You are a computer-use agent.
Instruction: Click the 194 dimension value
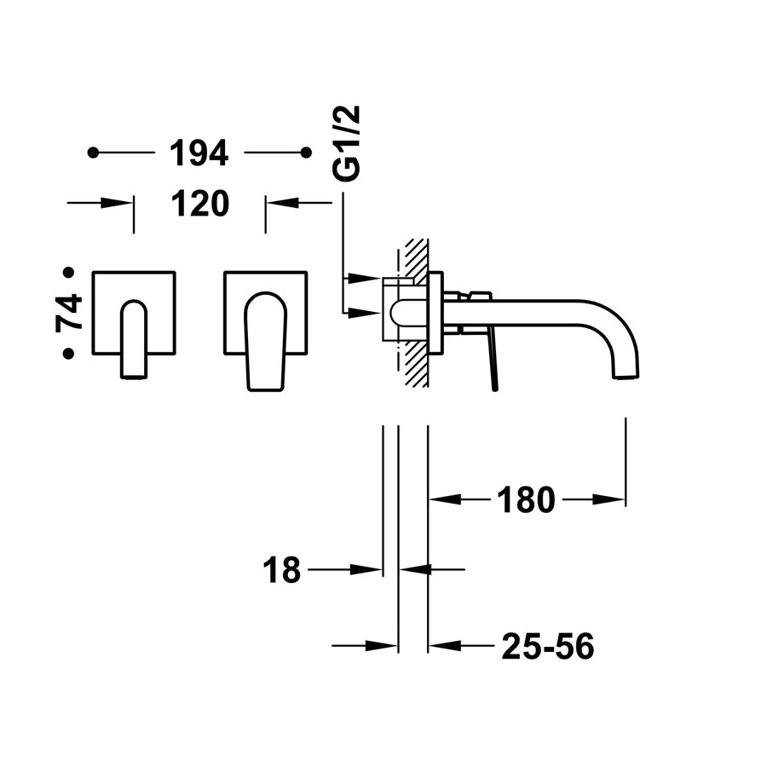coord(199,153)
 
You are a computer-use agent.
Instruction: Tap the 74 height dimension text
coord(67,312)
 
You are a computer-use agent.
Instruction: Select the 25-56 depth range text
coord(547,646)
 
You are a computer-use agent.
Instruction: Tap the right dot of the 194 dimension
coord(306,153)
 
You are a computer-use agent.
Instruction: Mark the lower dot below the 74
coord(67,352)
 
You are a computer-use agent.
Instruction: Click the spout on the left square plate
coord(133,337)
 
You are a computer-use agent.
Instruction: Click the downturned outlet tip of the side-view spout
coord(626,366)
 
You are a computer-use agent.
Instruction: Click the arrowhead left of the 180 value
coord(441,499)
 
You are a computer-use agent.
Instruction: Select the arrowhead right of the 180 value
coord(612,499)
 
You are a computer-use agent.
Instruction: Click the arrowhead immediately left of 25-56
coord(441,646)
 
